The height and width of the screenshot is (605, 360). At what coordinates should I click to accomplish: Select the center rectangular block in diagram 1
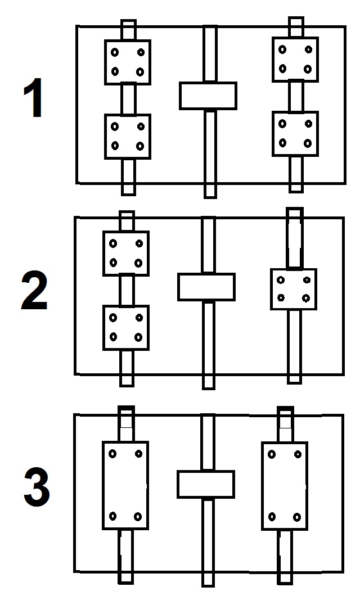click(208, 96)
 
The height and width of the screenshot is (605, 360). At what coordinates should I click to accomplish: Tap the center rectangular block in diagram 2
click(206, 287)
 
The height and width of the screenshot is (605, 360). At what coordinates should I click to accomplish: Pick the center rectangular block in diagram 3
click(205, 484)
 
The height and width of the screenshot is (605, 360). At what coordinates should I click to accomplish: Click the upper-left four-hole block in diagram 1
click(128, 62)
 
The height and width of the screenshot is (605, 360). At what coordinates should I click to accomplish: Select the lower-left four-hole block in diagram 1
click(128, 136)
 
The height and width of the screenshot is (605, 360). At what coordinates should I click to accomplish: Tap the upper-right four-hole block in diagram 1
click(295, 59)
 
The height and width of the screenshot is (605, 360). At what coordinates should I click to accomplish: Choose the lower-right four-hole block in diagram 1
click(295, 134)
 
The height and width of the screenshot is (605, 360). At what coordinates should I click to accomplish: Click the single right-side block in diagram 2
click(293, 289)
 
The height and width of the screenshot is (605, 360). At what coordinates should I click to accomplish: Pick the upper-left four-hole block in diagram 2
click(125, 253)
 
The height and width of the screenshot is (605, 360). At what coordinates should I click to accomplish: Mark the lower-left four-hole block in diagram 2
click(125, 327)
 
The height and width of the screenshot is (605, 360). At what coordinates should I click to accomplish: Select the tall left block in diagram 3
click(125, 485)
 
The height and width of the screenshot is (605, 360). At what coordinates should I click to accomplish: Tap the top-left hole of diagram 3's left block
click(112, 453)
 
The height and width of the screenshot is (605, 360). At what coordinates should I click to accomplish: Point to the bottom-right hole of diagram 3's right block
click(297, 516)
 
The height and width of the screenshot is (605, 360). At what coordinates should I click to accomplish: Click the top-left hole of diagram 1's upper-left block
click(115, 52)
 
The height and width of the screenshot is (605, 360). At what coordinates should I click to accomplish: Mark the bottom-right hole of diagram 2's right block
click(306, 297)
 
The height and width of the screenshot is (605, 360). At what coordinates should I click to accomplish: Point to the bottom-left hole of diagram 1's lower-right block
click(282, 143)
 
